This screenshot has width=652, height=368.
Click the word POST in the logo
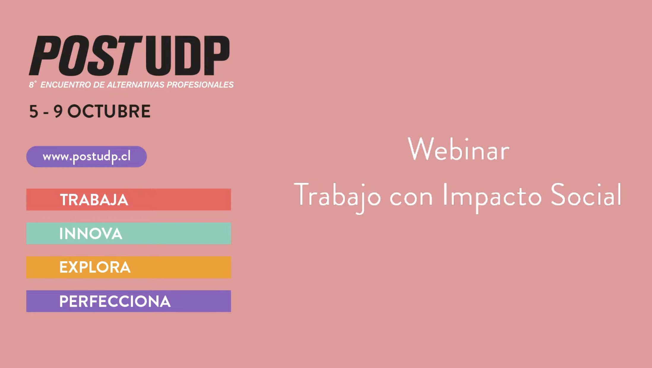(85, 56)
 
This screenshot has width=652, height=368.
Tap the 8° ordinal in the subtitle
(33, 85)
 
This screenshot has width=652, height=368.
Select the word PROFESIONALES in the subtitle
(200, 85)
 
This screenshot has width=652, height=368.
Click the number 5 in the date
(34, 111)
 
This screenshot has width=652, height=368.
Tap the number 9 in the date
(58, 111)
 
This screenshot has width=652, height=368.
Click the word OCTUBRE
(109, 111)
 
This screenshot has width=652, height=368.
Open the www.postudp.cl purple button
(86, 157)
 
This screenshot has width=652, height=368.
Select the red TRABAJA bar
(129, 199)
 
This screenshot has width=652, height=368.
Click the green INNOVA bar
(129, 233)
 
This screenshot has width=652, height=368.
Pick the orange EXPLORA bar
(129, 267)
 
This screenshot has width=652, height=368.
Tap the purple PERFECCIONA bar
(129, 301)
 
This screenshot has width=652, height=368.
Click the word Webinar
(459, 150)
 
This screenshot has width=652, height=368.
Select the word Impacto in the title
(492, 197)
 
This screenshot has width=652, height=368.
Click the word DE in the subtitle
(99, 85)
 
